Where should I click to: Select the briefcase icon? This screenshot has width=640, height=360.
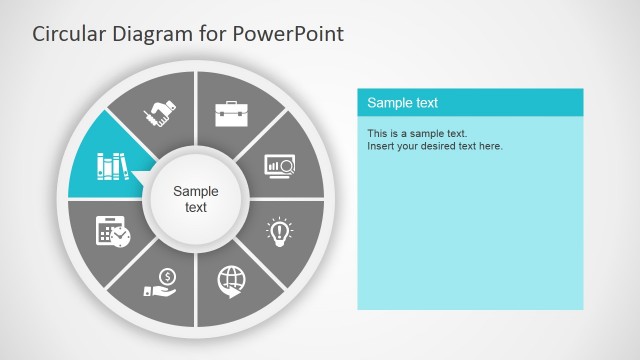231,113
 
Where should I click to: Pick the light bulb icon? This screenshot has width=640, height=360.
279,232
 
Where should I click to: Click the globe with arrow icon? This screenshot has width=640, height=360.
231,281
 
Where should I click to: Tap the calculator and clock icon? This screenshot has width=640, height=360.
112,232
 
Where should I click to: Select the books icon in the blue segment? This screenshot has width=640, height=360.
112,165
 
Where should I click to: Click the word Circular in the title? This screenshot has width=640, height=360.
66,34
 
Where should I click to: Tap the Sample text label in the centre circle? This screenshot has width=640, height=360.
196,199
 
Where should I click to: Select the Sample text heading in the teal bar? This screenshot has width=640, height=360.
403,103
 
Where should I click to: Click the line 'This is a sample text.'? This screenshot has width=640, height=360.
417,133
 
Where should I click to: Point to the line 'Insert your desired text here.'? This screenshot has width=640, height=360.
435,146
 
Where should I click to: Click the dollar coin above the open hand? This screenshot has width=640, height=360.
167,276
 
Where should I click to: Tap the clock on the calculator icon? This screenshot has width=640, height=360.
120,237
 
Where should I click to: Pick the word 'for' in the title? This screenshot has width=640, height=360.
212,34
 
